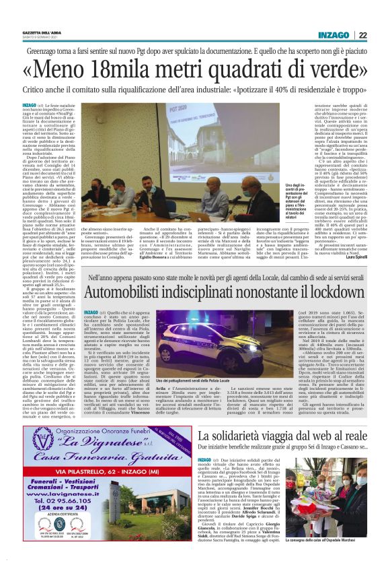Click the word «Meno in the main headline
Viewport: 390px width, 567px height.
point(67,70)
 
